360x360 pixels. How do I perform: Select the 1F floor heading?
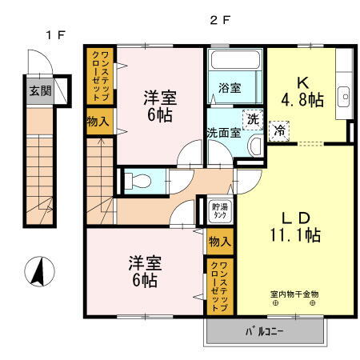click(54, 35)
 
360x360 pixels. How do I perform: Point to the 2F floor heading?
click(219, 22)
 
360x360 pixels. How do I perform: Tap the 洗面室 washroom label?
click(223, 133)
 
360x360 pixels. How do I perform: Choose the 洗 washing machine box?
click(252, 118)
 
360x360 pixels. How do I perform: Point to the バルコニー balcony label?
click(267, 330)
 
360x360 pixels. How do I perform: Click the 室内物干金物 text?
click(293, 292)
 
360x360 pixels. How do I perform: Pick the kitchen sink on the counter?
click(346, 94)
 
